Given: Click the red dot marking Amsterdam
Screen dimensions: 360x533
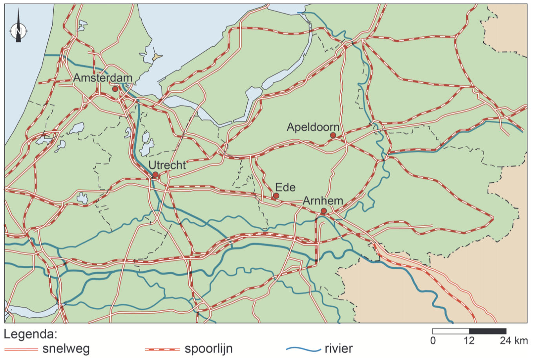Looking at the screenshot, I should [115, 89].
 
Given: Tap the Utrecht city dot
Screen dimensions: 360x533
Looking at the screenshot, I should [155, 175].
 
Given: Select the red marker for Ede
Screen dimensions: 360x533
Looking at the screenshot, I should [276, 196].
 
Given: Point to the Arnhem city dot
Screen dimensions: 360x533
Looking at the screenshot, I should [324, 211].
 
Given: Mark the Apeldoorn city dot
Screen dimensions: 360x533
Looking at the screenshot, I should [333, 135].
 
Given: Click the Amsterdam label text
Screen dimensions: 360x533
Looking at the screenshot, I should [103, 78].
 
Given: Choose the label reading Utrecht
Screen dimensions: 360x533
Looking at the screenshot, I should [167, 165].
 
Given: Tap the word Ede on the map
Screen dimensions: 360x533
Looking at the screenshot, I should [285, 187].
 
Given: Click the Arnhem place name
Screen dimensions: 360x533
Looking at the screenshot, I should [323, 201].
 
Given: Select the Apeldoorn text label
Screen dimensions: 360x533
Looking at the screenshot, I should [313, 127].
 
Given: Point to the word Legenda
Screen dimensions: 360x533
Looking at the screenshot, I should [31, 335].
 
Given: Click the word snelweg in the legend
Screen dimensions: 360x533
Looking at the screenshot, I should [66, 349].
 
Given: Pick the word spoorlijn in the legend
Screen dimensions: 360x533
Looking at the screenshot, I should [208, 349].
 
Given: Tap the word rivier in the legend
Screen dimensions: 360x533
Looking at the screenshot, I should [339, 349].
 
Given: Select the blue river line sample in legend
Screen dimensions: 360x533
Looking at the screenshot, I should [303, 349].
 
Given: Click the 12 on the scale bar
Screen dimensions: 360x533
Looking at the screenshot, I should [469, 340].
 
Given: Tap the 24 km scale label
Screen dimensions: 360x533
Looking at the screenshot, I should [513, 340].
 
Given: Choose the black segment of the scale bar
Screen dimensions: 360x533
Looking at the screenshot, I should [487, 331].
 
